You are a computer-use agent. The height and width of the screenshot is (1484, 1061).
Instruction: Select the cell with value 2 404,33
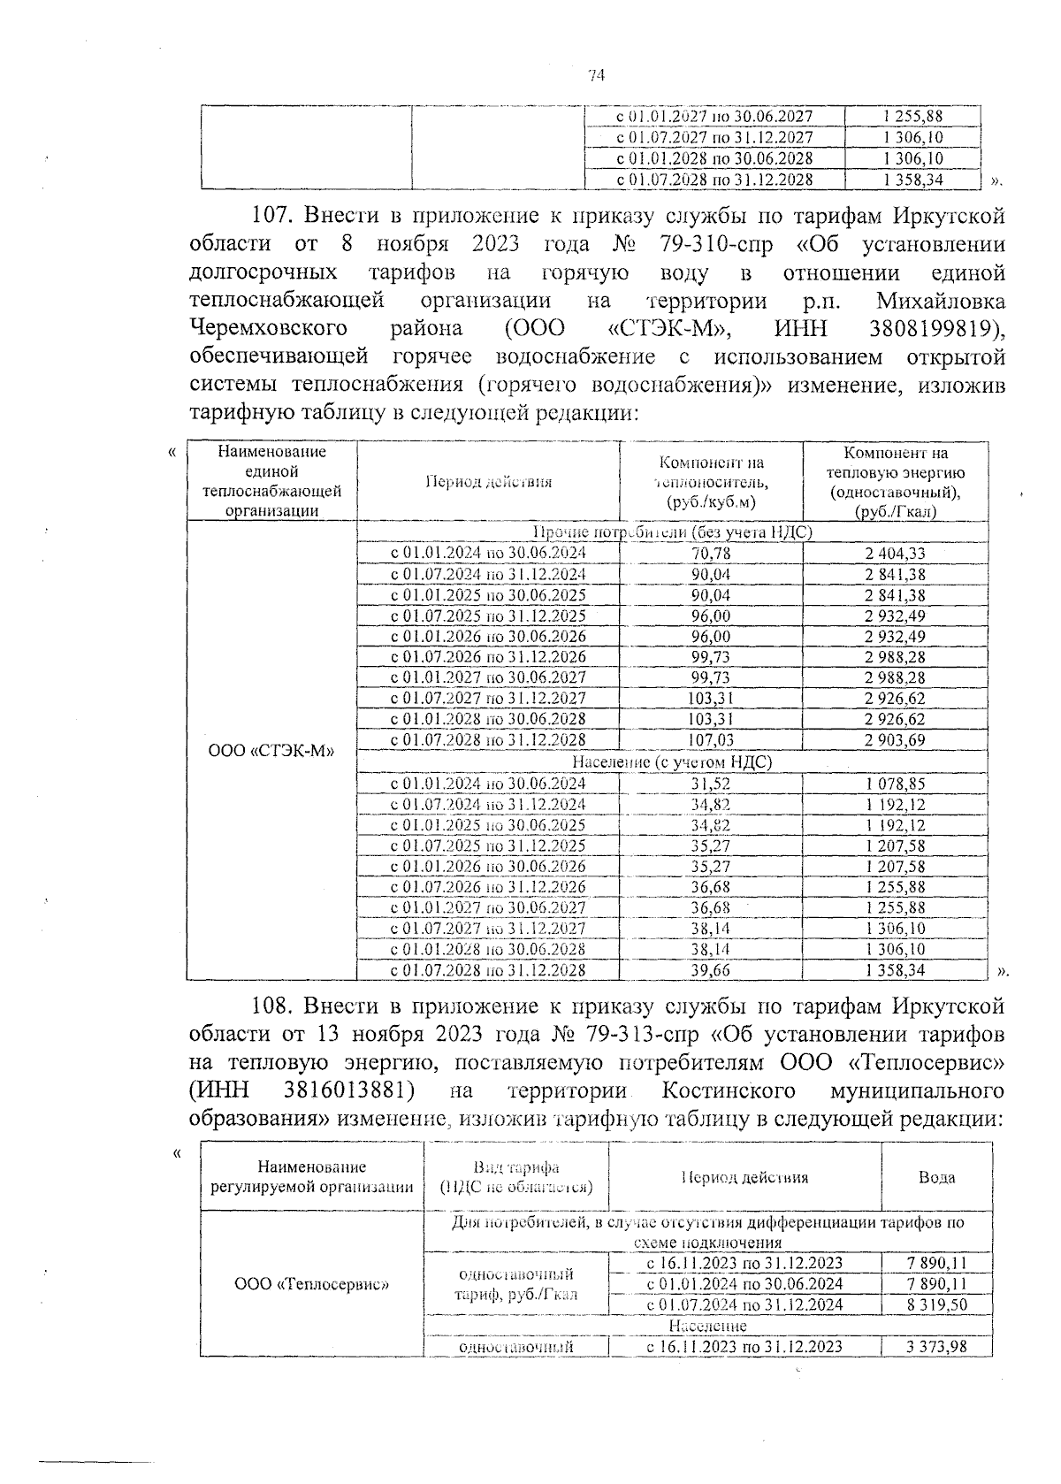[x=896, y=553]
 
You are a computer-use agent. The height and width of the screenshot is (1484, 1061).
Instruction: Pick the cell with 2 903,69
[x=896, y=739]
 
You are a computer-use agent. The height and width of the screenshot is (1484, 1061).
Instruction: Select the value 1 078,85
[x=896, y=784]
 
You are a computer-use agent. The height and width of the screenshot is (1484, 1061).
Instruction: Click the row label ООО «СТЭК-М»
[x=271, y=751]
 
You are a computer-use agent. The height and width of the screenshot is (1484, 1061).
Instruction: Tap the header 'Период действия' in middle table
[x=488, y=482]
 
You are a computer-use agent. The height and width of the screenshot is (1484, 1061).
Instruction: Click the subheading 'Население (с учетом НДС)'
[x=672, y=761]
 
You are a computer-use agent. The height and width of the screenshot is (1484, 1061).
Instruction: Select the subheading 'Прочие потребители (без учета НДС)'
[x=672, y=532]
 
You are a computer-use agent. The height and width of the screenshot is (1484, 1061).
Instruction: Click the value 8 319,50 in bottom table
[x=936, y=1304]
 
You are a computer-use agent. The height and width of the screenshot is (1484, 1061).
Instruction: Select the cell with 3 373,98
[x=936, y=1347]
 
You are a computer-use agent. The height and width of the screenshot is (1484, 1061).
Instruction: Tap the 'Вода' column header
[x=936, y=1177]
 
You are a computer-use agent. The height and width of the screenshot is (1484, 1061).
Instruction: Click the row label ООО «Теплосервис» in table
[x=312, y=1283]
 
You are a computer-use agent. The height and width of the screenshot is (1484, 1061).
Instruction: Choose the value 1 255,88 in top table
[x=912, y=116]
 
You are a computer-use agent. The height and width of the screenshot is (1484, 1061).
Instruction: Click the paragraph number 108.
[x=273, y=1006]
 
